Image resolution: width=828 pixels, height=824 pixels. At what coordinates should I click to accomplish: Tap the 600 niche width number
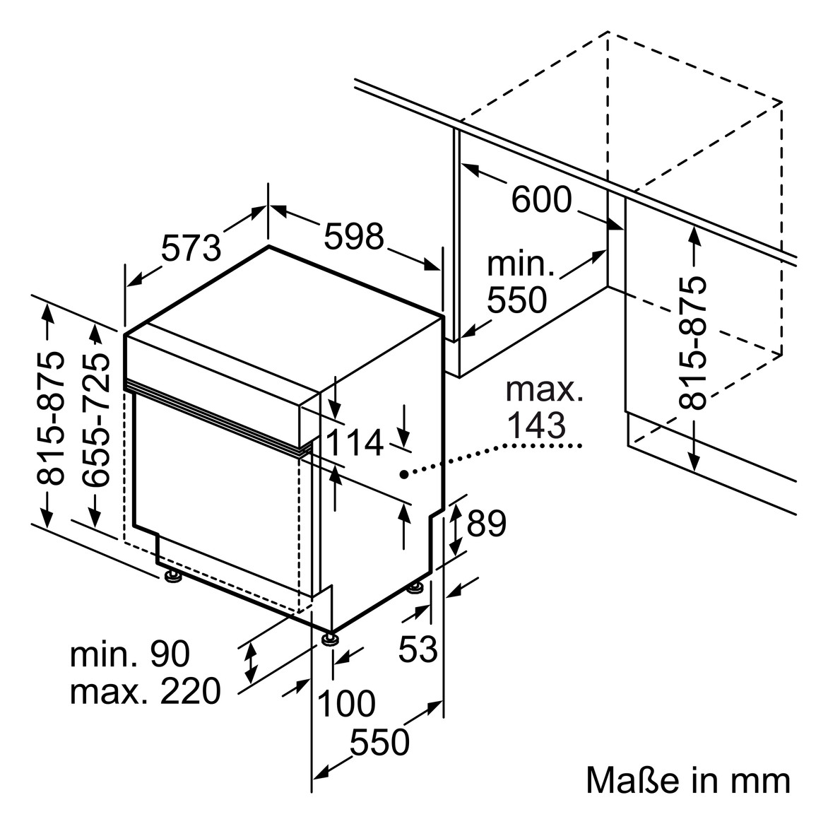click(541, 199)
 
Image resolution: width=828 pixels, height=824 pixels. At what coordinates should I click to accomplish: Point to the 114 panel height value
click(354, 443)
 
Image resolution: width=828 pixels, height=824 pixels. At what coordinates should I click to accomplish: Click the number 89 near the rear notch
click(487, 524)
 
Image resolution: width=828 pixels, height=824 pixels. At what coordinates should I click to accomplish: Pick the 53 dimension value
click(418, 648)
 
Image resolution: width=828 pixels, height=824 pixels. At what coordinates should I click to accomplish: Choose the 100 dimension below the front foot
click(346, 703)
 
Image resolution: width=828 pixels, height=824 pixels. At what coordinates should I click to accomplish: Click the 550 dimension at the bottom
click(380, 742)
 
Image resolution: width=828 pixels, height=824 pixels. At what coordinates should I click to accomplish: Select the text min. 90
click(130, 654)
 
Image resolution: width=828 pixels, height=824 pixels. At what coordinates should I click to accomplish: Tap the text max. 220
click(146, 691)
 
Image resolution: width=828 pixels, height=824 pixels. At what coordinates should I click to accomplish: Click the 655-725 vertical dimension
click(96, 420)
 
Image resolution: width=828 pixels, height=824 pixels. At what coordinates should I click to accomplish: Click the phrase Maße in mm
click(688, 781)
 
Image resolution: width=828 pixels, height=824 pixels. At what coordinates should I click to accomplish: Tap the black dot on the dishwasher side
click(403, 473)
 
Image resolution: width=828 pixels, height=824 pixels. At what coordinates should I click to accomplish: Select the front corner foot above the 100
click(330, 639)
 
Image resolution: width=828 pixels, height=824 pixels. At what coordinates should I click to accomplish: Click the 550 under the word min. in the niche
click(517, 300)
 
